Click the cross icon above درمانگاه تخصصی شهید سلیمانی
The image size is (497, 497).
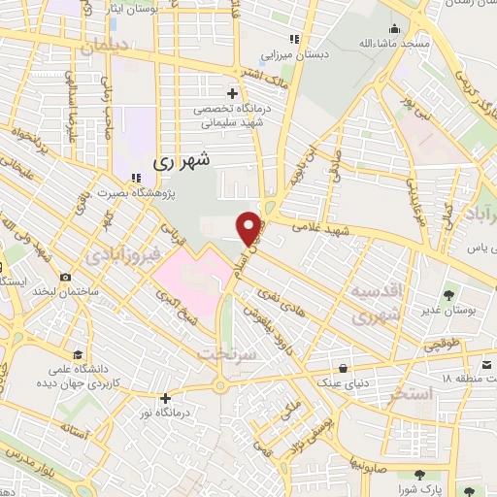pyautogui.click(x=230, y=81)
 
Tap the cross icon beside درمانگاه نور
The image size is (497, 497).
pyautogui.click(x=166, y=397)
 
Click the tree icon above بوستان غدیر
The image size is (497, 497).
pyautogui.click(x=448, y=294)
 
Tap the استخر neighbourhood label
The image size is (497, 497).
pyautogui.click(x=407, y=396)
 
